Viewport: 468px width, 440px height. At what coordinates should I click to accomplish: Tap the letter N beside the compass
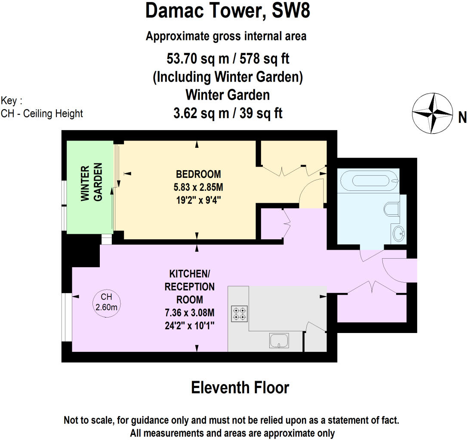(x=462, y=117)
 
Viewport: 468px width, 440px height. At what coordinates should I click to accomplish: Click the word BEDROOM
(x=198, y=174)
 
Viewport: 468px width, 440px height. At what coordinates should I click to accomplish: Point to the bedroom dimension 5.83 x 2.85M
(x=198, y=187)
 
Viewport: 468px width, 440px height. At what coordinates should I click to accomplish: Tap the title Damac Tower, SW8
(x=228, y=12)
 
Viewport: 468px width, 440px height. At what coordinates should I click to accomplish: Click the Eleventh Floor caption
(x=240, y=388)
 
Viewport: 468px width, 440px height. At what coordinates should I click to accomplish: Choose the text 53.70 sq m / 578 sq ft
(x=228, y=58)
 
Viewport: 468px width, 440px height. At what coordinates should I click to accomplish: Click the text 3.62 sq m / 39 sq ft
(x=228, y=113)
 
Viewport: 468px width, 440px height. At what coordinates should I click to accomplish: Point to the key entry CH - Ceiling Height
(x=42, y=114)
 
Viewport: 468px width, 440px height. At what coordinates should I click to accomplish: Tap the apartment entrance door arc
(x=394, y=271)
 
